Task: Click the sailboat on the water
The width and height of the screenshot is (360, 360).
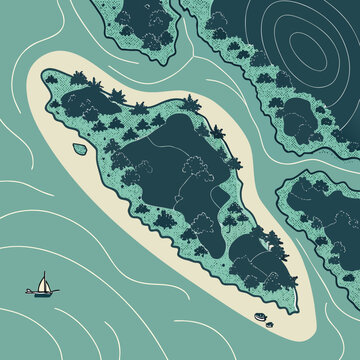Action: click(43, 286)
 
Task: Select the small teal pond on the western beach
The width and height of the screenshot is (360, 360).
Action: click(79, 149)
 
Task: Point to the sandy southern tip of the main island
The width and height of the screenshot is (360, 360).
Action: click(290, 325)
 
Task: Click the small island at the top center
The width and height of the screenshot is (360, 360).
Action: click(140, 30)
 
